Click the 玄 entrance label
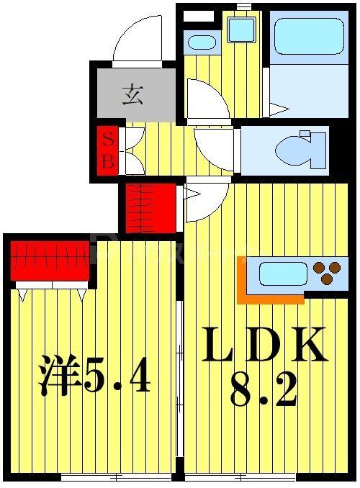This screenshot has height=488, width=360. click(x=131, y=95)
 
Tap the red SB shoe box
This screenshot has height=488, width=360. click(x=107, y=151)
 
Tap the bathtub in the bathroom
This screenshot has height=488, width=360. click(x=308, y=37)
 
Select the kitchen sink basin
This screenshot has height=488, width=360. click(x=282, y=274)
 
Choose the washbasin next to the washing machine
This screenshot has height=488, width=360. click(x=202, y=41)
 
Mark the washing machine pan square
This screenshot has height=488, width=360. click(x=241, y=30)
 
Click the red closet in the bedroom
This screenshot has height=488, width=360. click(x=49, y=260)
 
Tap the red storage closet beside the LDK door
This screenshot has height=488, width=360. click(x=150, y=208)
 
